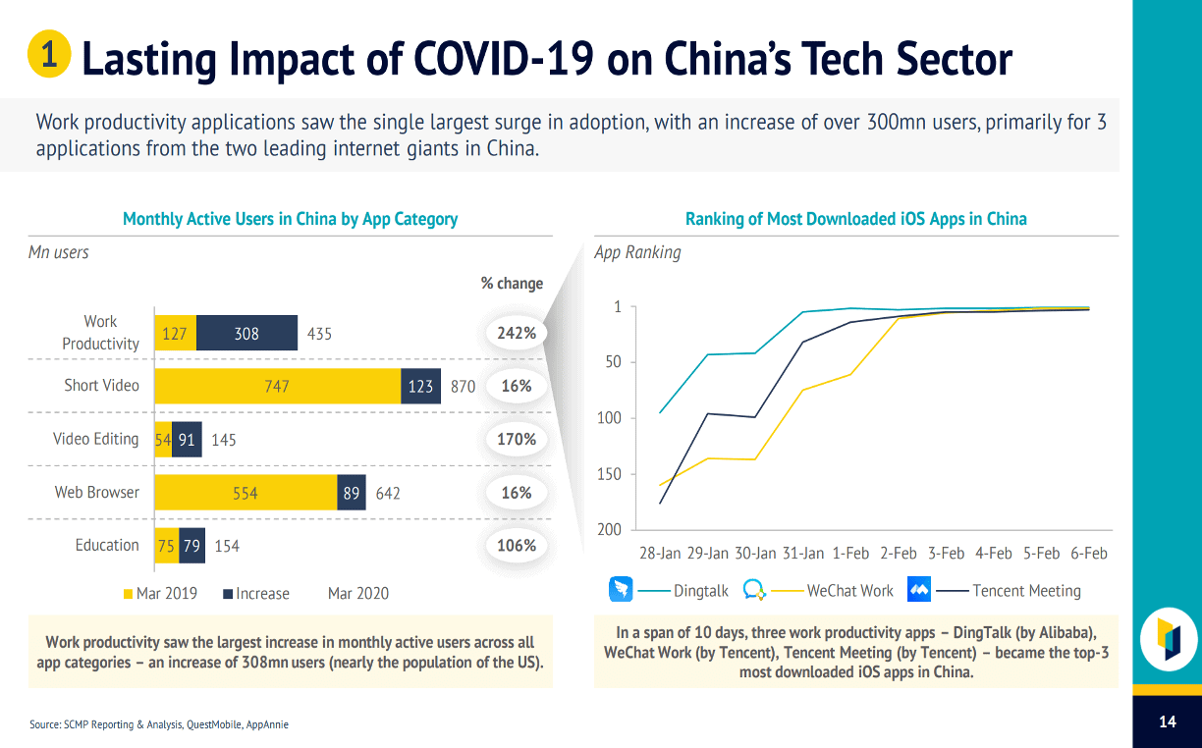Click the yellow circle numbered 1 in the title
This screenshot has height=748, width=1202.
coord(48,54)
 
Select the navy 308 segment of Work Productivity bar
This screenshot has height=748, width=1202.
coord(246,333)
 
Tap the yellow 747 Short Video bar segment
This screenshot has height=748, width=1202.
coord(277,386)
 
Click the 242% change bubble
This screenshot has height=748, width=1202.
coord(517,333)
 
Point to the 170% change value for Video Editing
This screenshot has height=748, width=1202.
coord(517,439)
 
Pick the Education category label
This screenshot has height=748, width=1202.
coord(107,545)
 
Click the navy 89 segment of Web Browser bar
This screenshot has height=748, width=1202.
coord(352,493)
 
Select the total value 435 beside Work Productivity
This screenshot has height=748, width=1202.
coord(319,334)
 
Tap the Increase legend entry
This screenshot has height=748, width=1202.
coord(256,593)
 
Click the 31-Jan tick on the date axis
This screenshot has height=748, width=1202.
coord(802,554)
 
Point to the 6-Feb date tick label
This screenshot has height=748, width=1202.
coord(1088,554)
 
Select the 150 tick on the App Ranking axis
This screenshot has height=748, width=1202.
coord(610,474)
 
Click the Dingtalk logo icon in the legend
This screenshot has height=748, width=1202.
coord(621,590)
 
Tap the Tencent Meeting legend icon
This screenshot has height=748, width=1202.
coord(919,590)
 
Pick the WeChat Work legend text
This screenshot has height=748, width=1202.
coord(849,591)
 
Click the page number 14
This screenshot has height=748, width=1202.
coord(1167,721)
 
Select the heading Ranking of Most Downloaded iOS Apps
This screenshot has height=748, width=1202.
coord(855,219)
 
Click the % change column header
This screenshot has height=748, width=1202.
coord(512,283)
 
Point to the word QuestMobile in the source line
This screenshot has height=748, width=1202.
coord(215,724)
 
